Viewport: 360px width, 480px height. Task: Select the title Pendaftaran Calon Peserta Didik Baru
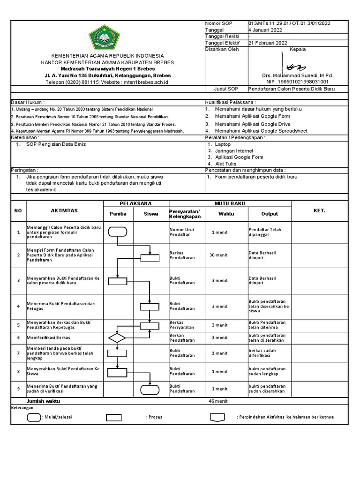pos(291,89)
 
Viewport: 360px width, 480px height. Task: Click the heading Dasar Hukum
pos(29,102)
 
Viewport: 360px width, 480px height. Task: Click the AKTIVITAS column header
pos(64,211)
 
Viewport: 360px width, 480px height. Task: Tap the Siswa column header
pos(150,214)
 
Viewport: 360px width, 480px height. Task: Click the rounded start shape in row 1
pos(117,232)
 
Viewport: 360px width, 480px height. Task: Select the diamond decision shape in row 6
pos(117,337)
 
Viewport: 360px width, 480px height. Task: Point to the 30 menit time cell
pos(219,255)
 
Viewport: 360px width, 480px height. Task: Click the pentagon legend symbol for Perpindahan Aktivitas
pos(217,417)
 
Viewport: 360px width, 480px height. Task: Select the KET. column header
pos(319,211)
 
